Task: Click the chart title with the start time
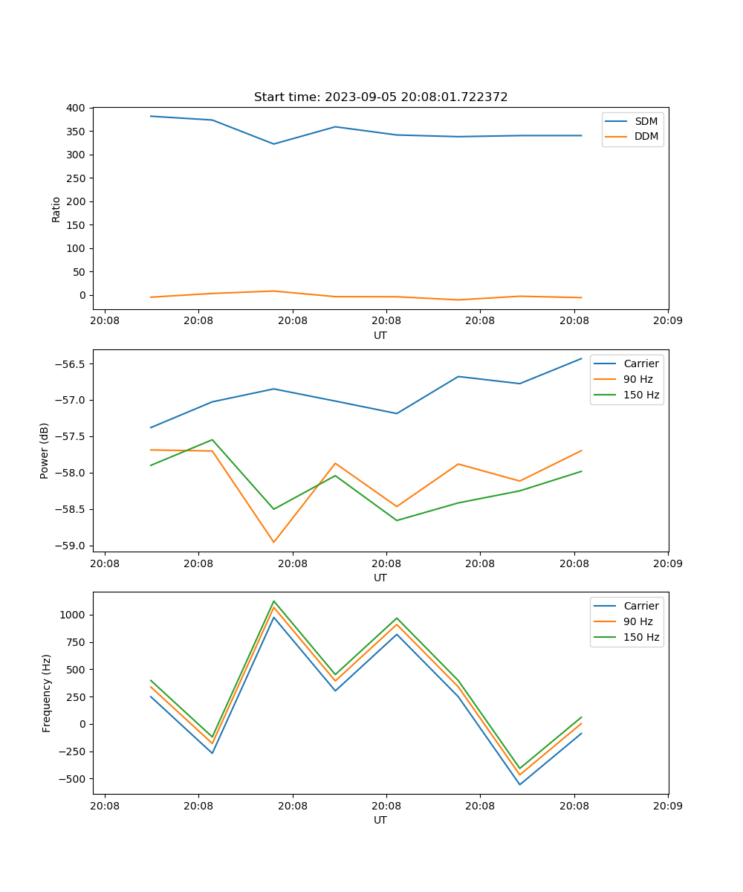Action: click(380, 97)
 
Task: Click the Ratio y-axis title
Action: click(56, 209)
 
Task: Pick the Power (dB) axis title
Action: click(45, 450)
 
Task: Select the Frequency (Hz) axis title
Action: click(46, 693)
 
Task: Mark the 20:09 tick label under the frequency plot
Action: click(668, 805)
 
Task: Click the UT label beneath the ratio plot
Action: click(380, 335)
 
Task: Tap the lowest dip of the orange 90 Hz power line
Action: click(273, 542)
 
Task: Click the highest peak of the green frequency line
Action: click(273, 601)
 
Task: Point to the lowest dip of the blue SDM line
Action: click(273, 143)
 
